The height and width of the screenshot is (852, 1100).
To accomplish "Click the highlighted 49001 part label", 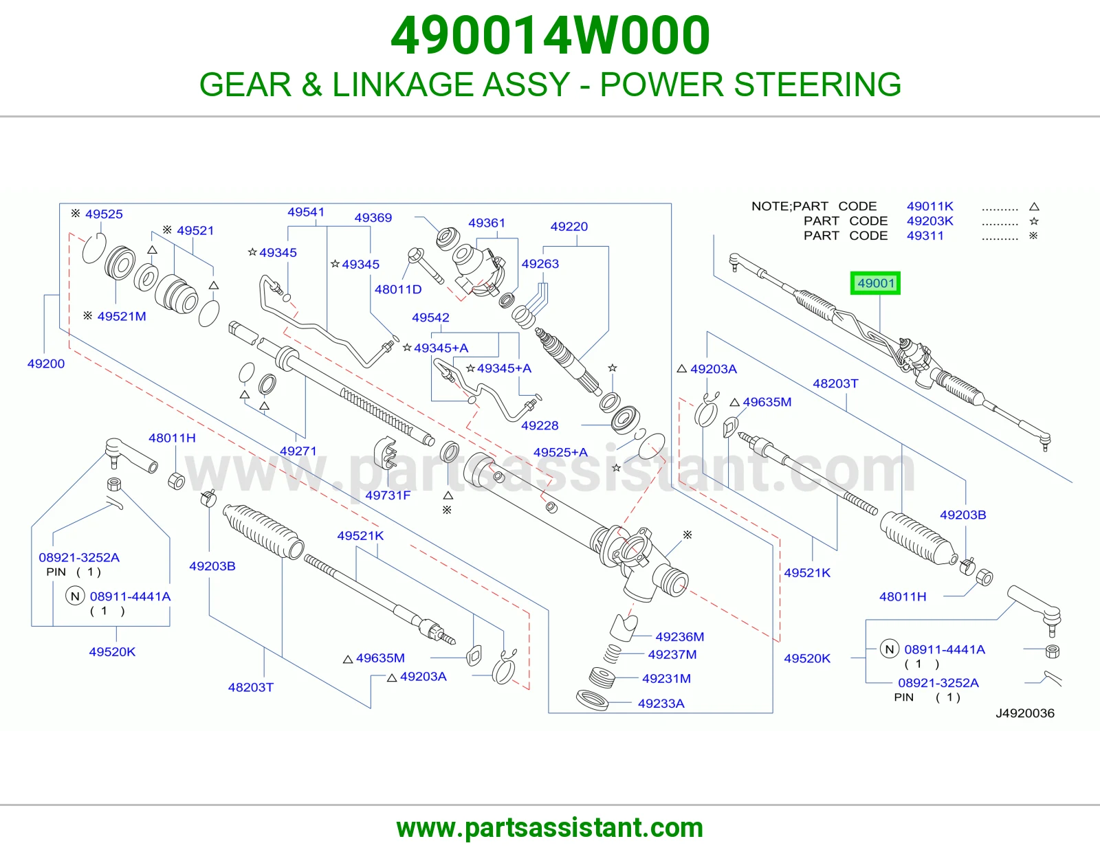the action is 875,283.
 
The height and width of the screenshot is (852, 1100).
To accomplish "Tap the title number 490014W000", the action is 550,36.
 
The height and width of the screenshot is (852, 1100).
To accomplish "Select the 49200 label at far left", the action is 46,363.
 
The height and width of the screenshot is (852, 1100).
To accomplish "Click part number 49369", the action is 373,218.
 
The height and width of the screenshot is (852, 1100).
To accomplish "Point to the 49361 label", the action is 487,223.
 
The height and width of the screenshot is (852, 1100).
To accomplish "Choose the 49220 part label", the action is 569,227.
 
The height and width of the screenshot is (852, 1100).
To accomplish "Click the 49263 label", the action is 540,264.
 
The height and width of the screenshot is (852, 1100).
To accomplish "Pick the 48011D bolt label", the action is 398,289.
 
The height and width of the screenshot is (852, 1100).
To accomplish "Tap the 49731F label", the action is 388,495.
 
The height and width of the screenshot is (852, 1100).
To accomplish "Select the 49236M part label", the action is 680,637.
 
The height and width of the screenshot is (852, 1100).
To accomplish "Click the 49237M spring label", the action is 672,655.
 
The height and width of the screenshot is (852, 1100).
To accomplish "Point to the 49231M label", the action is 666,678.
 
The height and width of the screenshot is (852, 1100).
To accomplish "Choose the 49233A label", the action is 661,704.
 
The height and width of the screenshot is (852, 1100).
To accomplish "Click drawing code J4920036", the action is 1025,713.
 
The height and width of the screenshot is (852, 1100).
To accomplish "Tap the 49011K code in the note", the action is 930,206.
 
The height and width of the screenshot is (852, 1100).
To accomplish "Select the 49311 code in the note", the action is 925,236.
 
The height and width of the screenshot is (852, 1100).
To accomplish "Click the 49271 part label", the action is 298,451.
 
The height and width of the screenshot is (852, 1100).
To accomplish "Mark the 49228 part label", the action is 540,425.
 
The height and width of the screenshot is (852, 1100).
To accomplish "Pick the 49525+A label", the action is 560,452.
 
